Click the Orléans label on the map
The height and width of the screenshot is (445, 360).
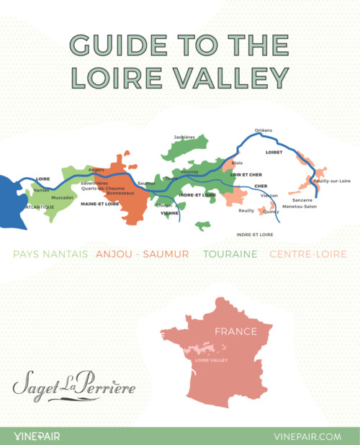pos(264,130)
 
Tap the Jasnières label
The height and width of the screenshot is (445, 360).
pos(184,136)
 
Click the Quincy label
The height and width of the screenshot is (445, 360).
pos(271,212)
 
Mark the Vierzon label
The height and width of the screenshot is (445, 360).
pos(269,195)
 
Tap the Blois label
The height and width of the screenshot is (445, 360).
pos(238,163)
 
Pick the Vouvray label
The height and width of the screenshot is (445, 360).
pos(189,172)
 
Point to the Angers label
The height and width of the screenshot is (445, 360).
pos(96,169)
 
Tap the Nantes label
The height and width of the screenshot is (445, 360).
pos(42,190)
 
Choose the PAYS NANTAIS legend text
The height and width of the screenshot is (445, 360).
pos(50,254)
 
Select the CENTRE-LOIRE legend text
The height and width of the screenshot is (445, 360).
pos(307,254)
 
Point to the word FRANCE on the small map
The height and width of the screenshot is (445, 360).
pos(235,332)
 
